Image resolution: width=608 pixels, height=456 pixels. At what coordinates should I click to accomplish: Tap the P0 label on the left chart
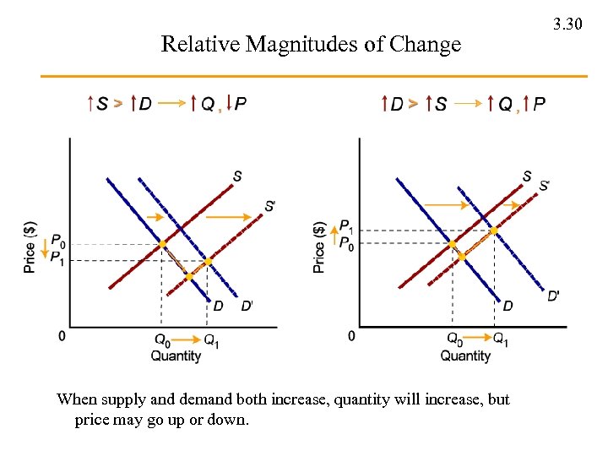click(57, 242)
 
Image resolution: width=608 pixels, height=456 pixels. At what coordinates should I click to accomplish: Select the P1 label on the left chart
click(57, 258)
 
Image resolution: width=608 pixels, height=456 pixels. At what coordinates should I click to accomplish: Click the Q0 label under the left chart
click(161, 340)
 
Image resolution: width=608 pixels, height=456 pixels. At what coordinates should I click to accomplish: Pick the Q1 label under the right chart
click(501, 340)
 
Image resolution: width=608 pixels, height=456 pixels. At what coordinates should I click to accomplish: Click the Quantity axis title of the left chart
click(176, 356)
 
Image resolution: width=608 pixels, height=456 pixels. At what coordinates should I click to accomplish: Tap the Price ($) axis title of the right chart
click(319, 247)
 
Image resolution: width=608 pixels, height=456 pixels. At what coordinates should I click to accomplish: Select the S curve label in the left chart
click(237, 176)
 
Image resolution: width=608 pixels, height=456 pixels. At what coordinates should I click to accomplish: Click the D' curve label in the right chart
click(553, 296)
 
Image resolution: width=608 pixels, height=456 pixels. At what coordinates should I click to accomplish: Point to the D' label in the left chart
click(247, 306)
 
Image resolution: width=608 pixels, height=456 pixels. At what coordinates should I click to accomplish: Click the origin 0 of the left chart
click(62, 337)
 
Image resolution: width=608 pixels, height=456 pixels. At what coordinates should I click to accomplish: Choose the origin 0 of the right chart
click(351, 337)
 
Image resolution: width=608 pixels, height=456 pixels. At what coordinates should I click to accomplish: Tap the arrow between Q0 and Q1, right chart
click(479, 339)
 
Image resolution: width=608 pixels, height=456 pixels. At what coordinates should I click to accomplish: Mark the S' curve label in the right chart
click(544, 184)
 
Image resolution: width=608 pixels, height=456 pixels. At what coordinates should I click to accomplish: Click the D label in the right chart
click(508, 306)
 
